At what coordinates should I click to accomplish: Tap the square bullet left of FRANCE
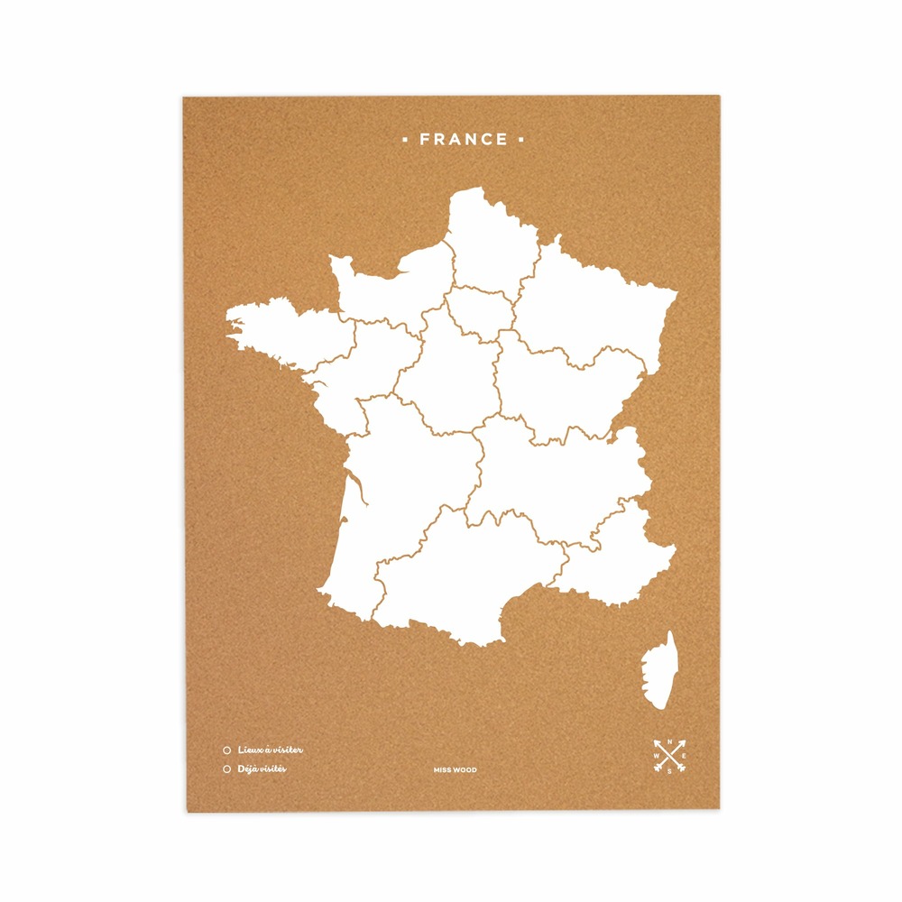coord(405,140)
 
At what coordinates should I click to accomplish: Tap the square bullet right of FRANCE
coord(521,140)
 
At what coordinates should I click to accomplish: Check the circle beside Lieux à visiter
coord(226,750)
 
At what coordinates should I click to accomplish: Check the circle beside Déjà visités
coord(226,769)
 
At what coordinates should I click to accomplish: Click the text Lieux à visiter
coord(271,750)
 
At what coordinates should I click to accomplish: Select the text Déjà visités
coord(262,769)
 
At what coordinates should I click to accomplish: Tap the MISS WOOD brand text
coord(456,770)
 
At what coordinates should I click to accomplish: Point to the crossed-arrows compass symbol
coord(670,756)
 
